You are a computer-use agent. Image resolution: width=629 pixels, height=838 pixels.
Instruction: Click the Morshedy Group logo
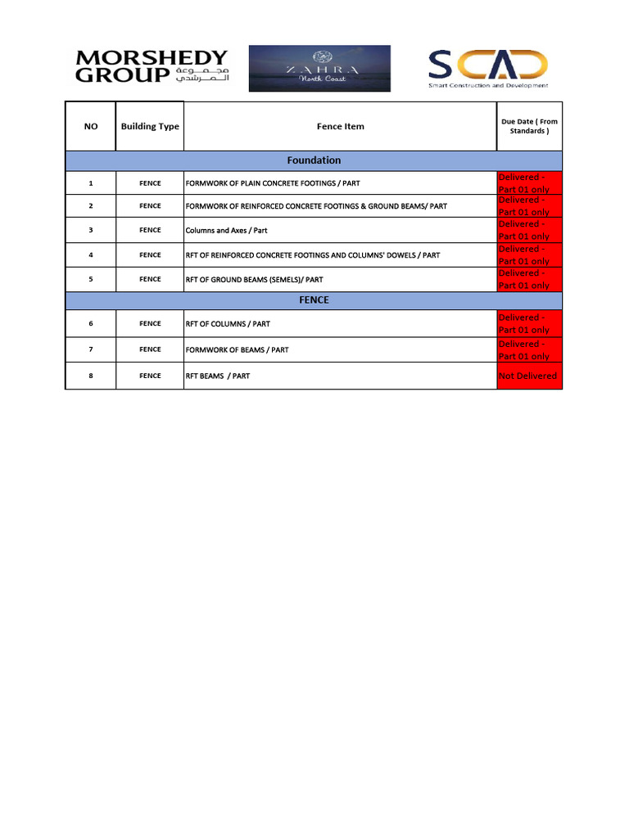pos(152,68)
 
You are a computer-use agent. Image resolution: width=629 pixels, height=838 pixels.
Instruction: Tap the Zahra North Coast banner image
pos(319,68)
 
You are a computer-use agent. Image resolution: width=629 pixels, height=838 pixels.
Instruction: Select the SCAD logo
pos(488,68)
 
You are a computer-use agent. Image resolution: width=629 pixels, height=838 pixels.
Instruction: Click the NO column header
pos(90,127)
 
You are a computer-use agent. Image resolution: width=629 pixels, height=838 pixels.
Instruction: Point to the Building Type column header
pos(150,127)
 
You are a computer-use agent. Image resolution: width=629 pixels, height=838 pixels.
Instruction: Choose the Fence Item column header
pos(340,127)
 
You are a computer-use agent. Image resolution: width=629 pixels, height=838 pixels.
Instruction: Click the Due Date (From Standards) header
pos(529,126)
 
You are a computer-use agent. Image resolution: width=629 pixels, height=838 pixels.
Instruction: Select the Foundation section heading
pos(314,160)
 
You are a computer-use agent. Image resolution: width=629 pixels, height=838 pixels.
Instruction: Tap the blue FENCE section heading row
pos(314,300)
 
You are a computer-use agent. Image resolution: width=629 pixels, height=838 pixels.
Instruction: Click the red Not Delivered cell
pos(529,376)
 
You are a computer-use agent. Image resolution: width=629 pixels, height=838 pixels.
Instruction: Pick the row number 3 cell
pos(90,231)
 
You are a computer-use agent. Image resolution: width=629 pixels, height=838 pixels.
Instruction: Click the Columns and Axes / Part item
pos(227,231)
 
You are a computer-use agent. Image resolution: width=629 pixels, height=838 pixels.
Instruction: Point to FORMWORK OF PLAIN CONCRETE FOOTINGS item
pos(273,183)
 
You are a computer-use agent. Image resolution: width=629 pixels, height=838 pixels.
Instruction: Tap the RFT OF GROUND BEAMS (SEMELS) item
pos(254,280)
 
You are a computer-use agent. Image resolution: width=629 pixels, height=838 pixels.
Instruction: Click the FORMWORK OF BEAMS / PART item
pos(237,350)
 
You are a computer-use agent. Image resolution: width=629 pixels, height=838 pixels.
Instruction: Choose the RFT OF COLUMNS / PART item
pos(228,324)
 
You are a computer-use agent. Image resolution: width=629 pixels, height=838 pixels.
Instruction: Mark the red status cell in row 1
pos(529,183)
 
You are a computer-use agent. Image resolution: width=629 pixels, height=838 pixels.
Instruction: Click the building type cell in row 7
pos(150,350)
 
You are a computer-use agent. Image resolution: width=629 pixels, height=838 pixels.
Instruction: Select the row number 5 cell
pos(90,280)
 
